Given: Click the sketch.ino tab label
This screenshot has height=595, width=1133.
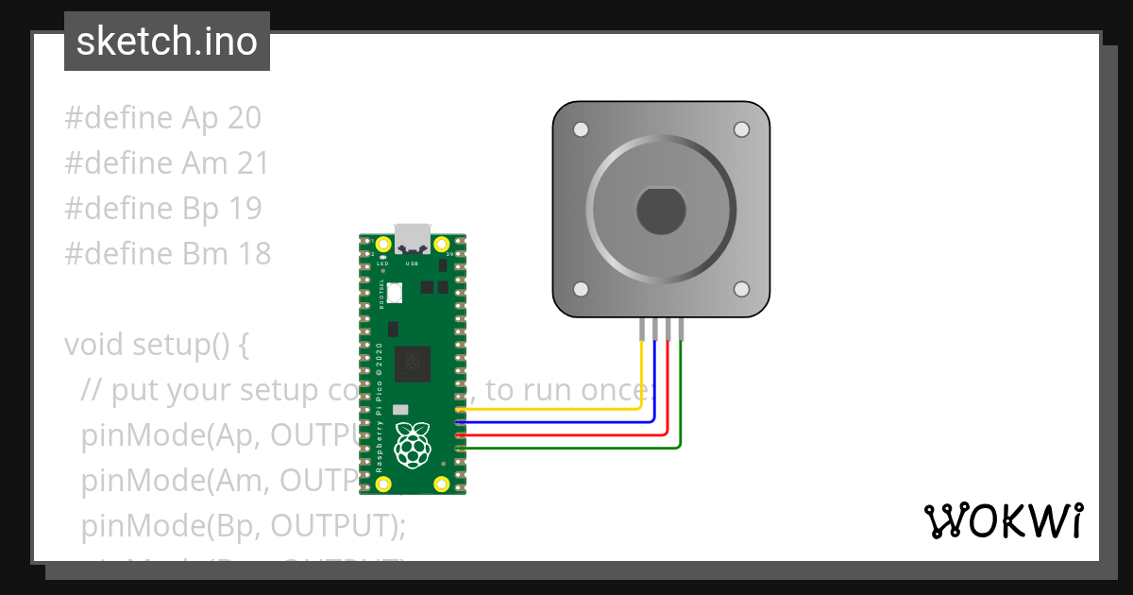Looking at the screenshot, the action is tap(166, 42).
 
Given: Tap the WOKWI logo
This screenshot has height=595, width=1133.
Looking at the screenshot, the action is tap(1003, 520).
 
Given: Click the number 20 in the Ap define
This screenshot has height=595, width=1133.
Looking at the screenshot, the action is tap(244, 118).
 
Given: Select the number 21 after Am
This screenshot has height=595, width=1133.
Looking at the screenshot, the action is tap(252, 163).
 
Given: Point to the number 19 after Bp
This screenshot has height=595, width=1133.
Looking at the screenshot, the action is tap(245, 209).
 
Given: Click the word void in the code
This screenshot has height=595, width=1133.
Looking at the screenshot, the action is tap(94, 345).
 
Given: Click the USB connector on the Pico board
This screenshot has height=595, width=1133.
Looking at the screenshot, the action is tap(413, 237).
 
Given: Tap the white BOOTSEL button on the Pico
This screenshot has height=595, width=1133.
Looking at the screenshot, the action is tap(394, 293).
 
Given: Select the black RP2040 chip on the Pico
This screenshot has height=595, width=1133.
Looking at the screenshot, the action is tap(413, 363).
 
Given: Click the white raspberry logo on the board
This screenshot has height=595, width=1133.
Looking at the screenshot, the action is tap(413, 445).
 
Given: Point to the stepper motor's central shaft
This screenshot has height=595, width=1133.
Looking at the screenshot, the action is tap(660, 210).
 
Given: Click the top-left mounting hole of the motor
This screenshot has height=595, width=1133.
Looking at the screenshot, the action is tap(582, 129).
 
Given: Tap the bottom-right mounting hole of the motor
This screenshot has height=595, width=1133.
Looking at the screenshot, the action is tap(741, 289).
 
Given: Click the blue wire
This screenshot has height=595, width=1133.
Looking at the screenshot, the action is tap(566, 422).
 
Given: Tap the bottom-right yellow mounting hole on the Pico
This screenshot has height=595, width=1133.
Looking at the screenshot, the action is tap(442, 484).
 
